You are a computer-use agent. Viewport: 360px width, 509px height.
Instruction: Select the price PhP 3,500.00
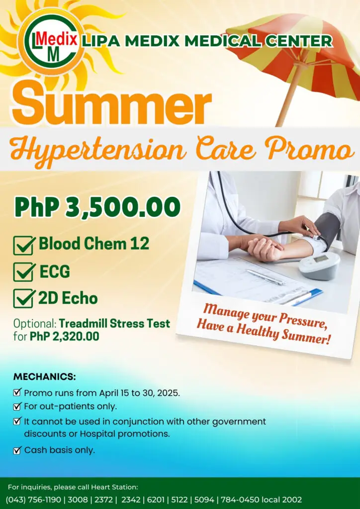pos(97,207)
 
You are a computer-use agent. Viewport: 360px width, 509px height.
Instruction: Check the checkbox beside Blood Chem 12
pos(24,245)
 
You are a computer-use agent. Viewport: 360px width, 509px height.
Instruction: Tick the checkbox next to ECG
pos(24,272)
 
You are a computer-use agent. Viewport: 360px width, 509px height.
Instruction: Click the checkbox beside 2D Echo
pos(24,299)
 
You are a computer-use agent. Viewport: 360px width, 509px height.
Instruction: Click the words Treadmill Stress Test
pos(114,324)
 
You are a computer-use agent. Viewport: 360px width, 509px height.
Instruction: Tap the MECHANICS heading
pos(44,376)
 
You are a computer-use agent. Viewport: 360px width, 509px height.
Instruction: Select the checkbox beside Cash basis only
pos(17,450)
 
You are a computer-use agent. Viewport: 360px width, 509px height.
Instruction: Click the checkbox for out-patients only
pos(17,407)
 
